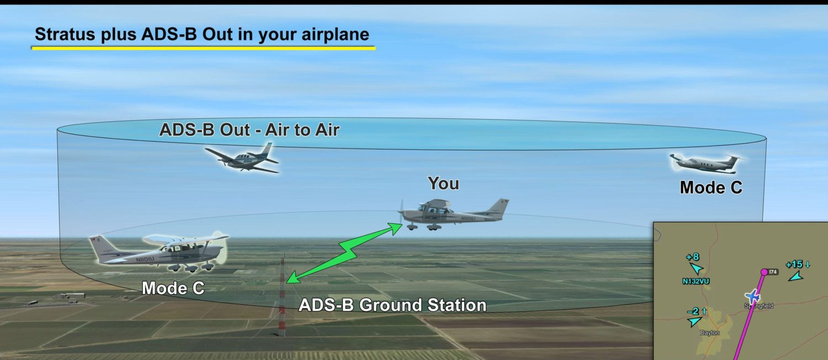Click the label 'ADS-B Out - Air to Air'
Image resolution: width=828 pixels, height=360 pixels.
[x=249, y=130]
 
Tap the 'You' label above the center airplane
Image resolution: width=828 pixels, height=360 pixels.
[x=443, y=183]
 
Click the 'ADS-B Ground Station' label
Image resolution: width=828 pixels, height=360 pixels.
[x=392, y=305]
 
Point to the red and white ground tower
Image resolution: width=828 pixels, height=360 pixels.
[x=282, y=298]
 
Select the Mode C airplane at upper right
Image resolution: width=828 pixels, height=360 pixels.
[x=706, y=162]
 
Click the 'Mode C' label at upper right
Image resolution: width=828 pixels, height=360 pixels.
[x=711, y=188]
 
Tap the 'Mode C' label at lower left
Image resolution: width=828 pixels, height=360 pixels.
[x=173, y=288]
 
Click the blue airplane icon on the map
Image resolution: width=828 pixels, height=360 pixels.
[x=752, y=297]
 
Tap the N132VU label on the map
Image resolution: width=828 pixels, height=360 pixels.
[x=696, y=281]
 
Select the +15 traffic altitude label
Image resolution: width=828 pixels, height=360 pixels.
[x=795, y=264]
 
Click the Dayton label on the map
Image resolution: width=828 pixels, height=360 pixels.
[x=709, y=333]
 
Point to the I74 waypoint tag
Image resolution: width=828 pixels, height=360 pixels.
[x=773, y=272]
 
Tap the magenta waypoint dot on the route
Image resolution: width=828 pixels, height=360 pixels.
[x=764, y=272]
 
